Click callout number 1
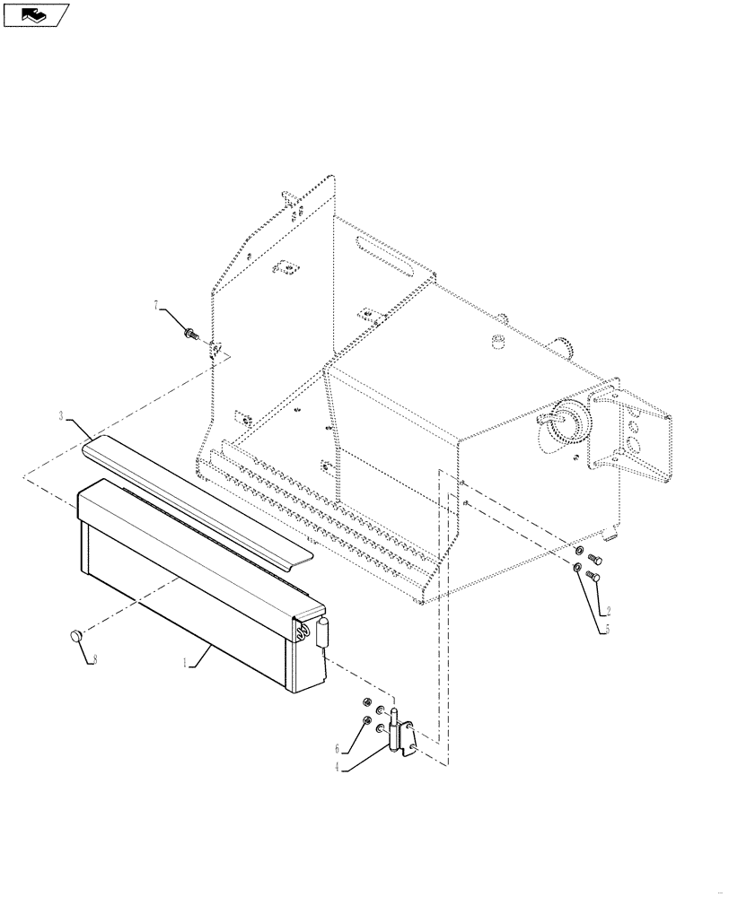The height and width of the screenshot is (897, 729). [x=185, y=665]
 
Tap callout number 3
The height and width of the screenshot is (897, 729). [x=62, y=416]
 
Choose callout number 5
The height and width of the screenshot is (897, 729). [x=606, y=630]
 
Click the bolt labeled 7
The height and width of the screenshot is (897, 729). [x=189, y=334]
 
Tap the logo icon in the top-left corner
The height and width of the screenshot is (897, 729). [x=36, y=15]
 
